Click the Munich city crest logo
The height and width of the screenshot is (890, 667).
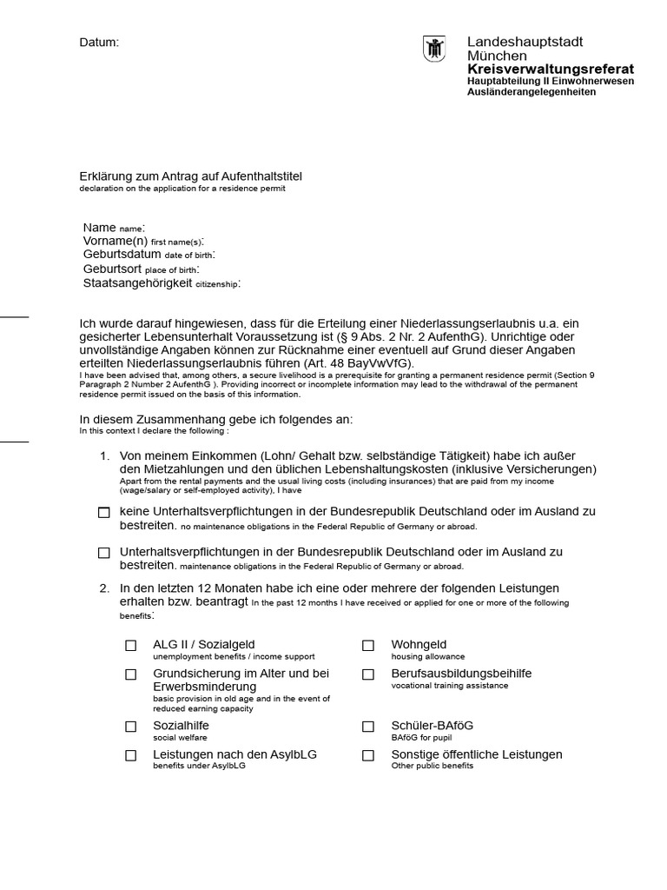[x=434, y=49]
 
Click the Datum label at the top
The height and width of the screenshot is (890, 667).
[x=99, y=42]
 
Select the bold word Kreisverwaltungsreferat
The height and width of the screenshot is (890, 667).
[x=550, y=69]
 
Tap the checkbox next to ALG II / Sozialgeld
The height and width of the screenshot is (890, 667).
[x=131, y=646]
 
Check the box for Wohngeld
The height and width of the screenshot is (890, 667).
[x=368, y=646]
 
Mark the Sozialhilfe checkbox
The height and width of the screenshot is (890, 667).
[x=131, y=727]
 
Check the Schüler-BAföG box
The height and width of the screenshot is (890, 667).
[x=368, y=727]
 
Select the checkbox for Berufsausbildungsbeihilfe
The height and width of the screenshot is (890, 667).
[x=368, y=674]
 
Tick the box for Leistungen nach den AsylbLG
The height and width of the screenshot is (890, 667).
[x=131, y=756]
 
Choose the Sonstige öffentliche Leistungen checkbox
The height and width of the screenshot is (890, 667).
[x=368, y=756]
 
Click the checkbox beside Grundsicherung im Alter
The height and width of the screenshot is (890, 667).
[x=131, y=674]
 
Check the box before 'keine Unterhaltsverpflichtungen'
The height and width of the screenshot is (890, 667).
[x=104, y=513]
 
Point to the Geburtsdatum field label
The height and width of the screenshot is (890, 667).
[x=122, y=255]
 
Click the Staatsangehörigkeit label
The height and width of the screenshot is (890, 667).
[x=137, y=283]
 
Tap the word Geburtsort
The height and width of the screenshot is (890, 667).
[x=112, y=269]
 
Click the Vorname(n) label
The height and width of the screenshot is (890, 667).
[x=116, y=241]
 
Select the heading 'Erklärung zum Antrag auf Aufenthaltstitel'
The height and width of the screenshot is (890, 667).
[x=191, y=176]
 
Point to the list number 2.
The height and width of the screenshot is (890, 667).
[x=104, y=588]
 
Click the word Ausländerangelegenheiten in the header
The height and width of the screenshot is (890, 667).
[x=532, y=92]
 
